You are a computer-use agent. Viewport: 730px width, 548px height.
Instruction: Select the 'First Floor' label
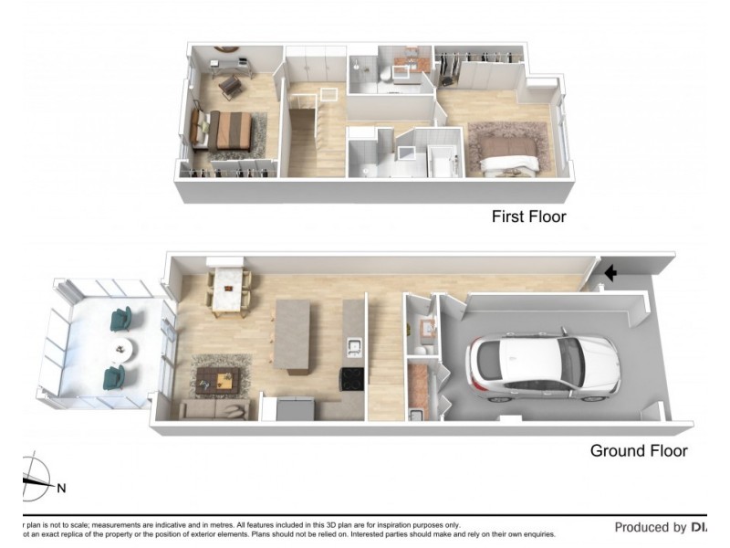[x=528, y=216]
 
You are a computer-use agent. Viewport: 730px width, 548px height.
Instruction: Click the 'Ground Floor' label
[x=639, y=450]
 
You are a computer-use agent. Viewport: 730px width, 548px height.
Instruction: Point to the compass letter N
[x=61, y=488]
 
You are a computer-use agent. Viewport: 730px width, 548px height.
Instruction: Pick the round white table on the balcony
[x=120, y=349]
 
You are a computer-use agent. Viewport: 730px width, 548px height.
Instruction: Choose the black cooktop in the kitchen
[x=351, y=378]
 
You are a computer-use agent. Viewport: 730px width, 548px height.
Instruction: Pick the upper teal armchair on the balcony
[x=121, y=320]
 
